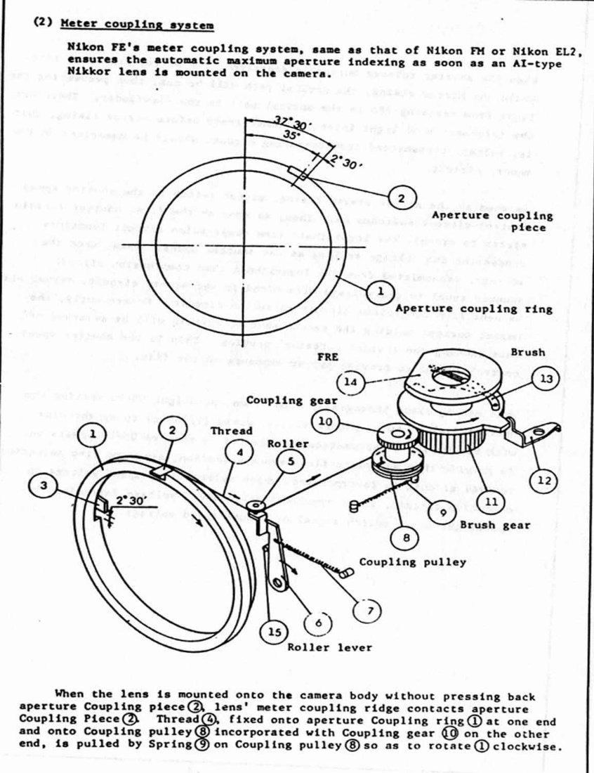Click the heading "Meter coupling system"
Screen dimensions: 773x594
tap(138, 23)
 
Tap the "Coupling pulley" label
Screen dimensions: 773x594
tap(403, 562)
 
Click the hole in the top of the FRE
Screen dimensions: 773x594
tap(447, 375)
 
